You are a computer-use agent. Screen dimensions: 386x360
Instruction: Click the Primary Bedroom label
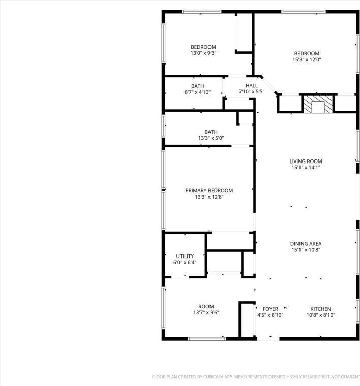(x=209, y=190)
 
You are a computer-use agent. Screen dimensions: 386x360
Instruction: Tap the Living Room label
(x=306, y=162)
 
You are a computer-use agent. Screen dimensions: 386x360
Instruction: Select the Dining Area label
(x=306, y=244)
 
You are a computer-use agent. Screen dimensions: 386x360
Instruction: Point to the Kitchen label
(x=321, y=309)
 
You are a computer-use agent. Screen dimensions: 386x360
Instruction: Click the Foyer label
(x=270, y=309)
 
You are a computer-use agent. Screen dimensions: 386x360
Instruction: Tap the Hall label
(x=252, y=86)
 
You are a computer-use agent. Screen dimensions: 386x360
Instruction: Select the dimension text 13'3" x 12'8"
(x=209, y=197)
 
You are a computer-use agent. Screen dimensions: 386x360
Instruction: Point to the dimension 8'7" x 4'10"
(x=197, y=92)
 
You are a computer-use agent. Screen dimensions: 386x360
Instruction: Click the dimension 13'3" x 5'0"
(x=211, y=138)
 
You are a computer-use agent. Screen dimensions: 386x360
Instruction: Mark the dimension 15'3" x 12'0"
(x=307, y=60)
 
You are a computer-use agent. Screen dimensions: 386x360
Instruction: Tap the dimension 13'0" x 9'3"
(x=203, y=53)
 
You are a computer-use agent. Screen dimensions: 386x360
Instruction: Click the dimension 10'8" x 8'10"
(x=321, y=315)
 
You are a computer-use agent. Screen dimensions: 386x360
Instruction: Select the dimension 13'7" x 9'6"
(x=206, y=313)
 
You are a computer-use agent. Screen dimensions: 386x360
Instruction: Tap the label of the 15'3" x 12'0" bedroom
(x=307, y=53)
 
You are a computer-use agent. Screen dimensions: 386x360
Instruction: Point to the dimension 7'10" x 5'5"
(x=252, y=92)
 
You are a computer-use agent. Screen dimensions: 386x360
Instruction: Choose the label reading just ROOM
(x=206, y=306)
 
